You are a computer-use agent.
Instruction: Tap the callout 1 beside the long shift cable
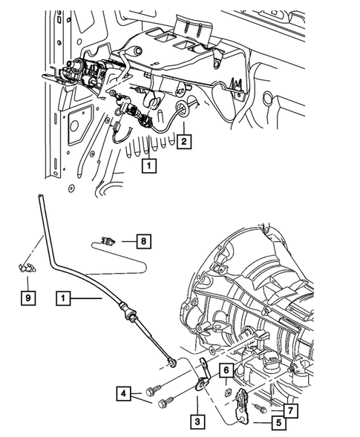click(x=65, y=299)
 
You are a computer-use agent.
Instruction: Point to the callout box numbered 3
click(x=197, y=420)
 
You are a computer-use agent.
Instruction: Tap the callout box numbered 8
click(x=145, y=240)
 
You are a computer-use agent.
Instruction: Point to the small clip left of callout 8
click(x=109, y=240)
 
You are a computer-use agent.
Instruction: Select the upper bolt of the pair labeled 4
click(x=157, y=389)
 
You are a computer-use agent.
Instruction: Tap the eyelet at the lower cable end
click(x=171, y=361)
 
